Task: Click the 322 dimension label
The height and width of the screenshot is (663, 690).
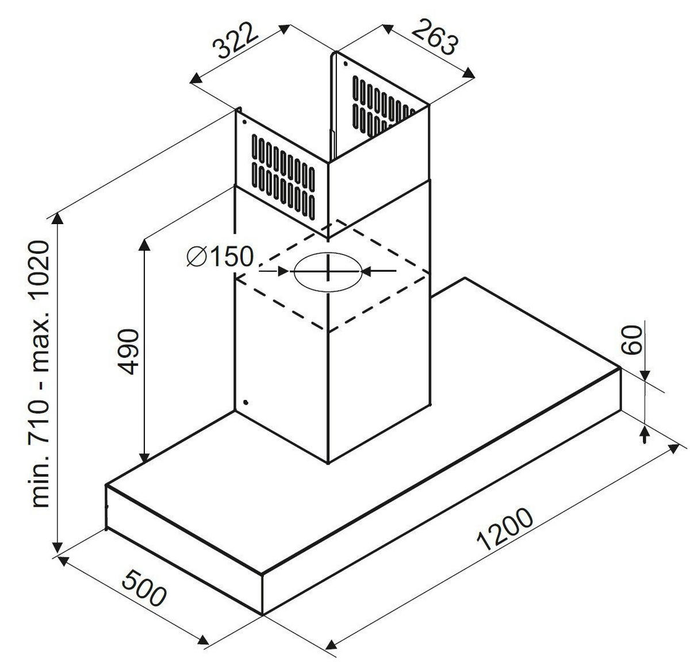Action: tap(234, 40)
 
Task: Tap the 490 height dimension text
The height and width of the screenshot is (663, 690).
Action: tap(128, 352)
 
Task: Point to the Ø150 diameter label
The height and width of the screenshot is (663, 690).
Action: tap(220, 256)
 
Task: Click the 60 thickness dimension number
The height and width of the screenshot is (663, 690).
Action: tap(631, 340)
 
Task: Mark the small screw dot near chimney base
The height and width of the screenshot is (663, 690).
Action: tap(246, 403)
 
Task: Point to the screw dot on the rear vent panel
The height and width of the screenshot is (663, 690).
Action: tap(345, 64)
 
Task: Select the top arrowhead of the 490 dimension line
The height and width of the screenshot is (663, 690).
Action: tap(144, 245)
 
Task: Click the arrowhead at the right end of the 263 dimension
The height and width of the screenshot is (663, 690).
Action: tap(469, 72)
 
